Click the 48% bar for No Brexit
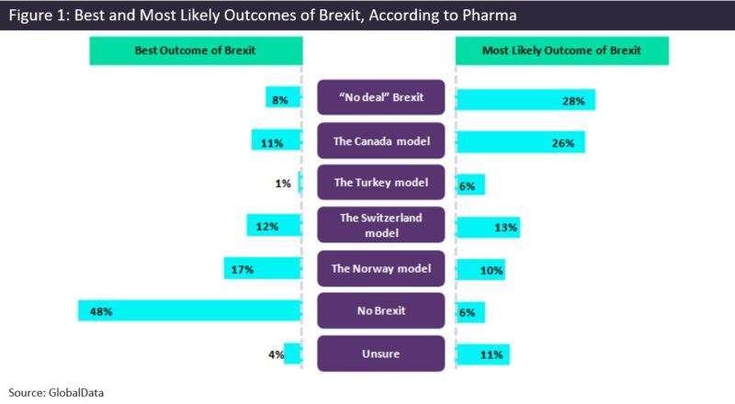tap(189, 311)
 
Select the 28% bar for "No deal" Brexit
tap(526, 100)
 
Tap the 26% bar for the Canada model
tap(520, 142)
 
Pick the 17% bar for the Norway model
tap(262, 269)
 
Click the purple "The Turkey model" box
tap(379, 184)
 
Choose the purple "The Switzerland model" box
tap(379, 226)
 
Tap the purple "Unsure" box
tap(379, 353)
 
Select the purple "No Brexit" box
tap(379, 311)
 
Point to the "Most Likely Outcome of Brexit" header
tap(561, 50)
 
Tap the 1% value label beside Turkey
tap(283, 184)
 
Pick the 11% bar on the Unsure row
tap(482, 353)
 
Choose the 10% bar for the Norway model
tap(480, 269)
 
